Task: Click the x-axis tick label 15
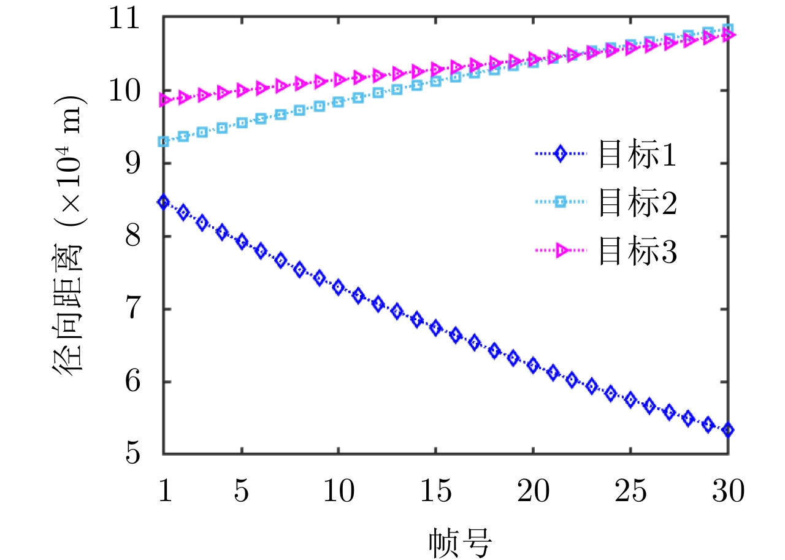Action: tap(435, 491)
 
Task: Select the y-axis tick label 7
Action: tap(144, 309)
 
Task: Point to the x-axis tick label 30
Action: tap(728, 491)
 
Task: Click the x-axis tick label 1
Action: tap(164, 491)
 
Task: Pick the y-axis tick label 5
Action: tap(144, 455)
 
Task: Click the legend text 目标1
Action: tap(637, 157)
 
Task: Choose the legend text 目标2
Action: tap(637, 205)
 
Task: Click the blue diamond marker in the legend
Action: tap(559, 155)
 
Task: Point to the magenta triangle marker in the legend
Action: tap(560, 250)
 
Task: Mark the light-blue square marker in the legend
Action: tap(559, 203)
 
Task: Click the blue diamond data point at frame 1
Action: tap(164, 202)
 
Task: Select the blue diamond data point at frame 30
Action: tap(728, 431)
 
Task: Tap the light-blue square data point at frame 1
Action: tap(164, 142)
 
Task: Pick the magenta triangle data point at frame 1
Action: tap(164, 100)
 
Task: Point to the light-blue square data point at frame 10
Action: tap(339, 102)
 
